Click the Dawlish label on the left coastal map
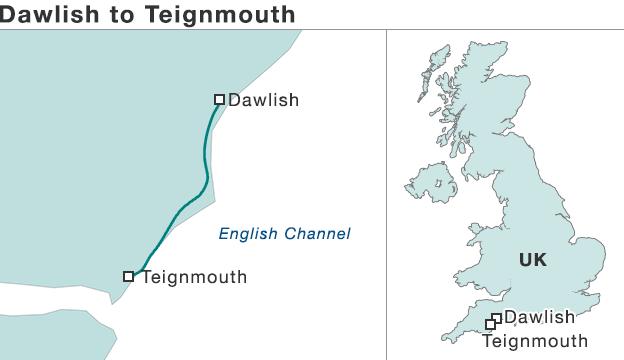[263, 100]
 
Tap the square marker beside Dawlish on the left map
[220, 99]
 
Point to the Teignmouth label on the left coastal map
[194, 277]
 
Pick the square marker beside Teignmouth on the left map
[128, 276]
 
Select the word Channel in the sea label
[318, 234]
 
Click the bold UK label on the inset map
[532, 260]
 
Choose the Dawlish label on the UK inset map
[539, 317]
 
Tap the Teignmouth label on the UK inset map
[534, 341]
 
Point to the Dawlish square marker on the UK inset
[497, 319]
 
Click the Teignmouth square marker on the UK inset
[490, 325]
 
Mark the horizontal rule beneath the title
[300, 29]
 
